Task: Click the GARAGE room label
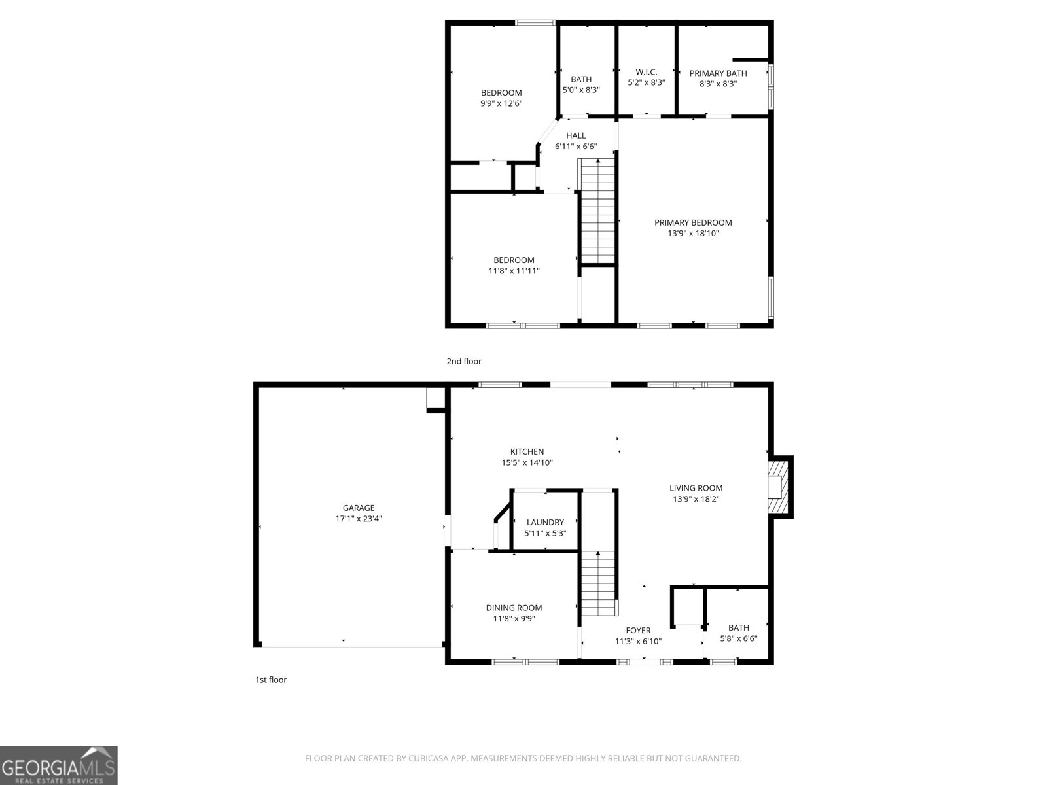click(359, 508)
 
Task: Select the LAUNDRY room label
click(545, 522)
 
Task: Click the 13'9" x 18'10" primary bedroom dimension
click(693, 233)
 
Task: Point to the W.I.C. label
click(646, 72)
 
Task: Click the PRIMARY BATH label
click(718, 73)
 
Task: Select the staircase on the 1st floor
click(599, 582)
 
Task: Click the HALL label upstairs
click(576, 135)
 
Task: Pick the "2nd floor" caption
click(464, 361)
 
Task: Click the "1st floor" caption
click(271, 680)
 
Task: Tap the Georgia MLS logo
click(58, 765)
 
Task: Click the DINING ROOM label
click(514, 608)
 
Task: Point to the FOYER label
click(638, 631)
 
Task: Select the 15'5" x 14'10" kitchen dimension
click(527, 462)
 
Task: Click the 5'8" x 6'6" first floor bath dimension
click(738, 638)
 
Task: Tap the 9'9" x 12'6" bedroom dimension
click(501, 103)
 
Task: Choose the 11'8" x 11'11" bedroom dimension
click(514, 271)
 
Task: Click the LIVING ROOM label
click(696, 487)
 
